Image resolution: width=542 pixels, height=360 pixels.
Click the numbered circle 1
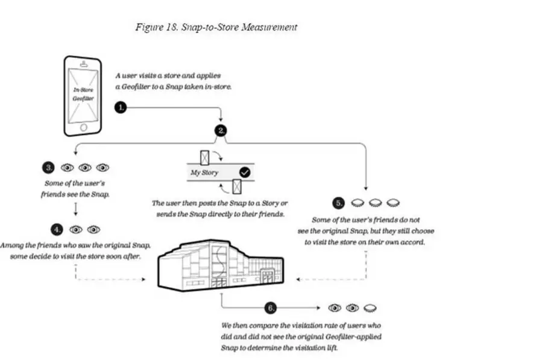point(121,107)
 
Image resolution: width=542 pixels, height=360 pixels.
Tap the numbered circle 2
point(222,130)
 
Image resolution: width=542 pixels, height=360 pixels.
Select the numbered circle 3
point(48,167)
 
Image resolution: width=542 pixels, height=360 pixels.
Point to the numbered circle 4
point(56,229)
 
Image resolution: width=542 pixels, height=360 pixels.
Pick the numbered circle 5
point(339,202)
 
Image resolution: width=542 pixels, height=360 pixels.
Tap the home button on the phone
point(83,127)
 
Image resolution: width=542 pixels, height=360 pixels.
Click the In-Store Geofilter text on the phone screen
point(83,93)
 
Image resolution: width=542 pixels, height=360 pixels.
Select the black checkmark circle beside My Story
point(245,172)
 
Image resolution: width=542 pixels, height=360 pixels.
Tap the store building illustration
point(219,264)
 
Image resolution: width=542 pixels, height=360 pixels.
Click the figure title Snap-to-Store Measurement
point(218,27)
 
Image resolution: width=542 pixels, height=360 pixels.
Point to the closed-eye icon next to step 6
point(368,308)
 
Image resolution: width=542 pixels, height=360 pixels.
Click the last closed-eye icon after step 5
point(395,202)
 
